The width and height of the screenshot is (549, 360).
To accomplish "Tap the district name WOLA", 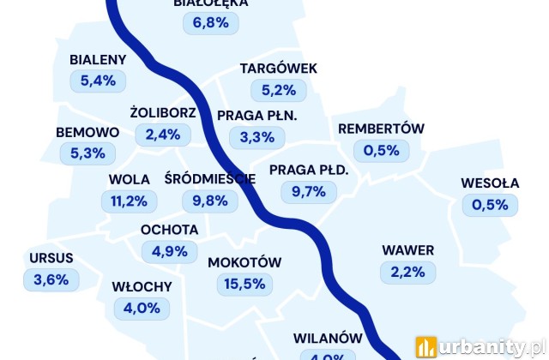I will [129, 180].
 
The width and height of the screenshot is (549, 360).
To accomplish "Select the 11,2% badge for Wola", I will [129, 201].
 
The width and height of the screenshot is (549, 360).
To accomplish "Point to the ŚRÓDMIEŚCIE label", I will [210, 179].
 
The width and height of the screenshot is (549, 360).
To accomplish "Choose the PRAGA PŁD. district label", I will [309, 170].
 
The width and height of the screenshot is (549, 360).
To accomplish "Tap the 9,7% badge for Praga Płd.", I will [309, 192].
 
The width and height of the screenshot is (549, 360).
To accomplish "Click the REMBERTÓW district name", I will [382, 129].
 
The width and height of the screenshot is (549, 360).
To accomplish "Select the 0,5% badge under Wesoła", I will [491, 205].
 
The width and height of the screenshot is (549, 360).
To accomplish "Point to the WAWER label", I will [408, 250].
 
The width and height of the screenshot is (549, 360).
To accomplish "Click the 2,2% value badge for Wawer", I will [408, 273].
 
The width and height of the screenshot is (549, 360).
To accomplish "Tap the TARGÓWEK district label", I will [279, 68].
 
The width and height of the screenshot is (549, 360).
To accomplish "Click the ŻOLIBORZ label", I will [163, 112].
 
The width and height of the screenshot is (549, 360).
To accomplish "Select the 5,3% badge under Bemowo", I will [87, 154].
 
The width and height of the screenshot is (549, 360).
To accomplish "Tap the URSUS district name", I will [51, 256].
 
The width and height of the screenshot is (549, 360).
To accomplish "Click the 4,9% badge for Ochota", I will [169, 251].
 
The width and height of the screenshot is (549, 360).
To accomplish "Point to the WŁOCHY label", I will [142, 286].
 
